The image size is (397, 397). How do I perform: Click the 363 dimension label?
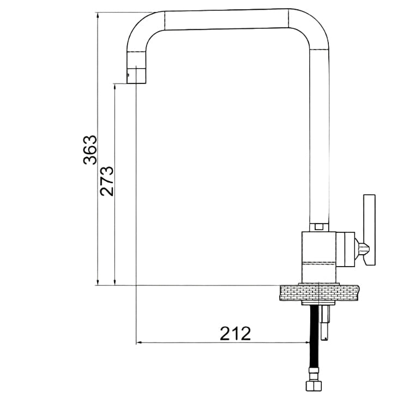click(90, 150)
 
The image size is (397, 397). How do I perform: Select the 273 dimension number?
click(106, 181)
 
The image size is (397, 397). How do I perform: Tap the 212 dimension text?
click(235, 333)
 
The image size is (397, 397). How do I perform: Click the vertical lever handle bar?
click(369, 230)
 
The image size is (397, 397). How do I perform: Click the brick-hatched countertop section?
click(320, 293)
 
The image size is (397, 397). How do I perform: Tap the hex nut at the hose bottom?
click(314, 386)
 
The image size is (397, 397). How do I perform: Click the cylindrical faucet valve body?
click(318, 257)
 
